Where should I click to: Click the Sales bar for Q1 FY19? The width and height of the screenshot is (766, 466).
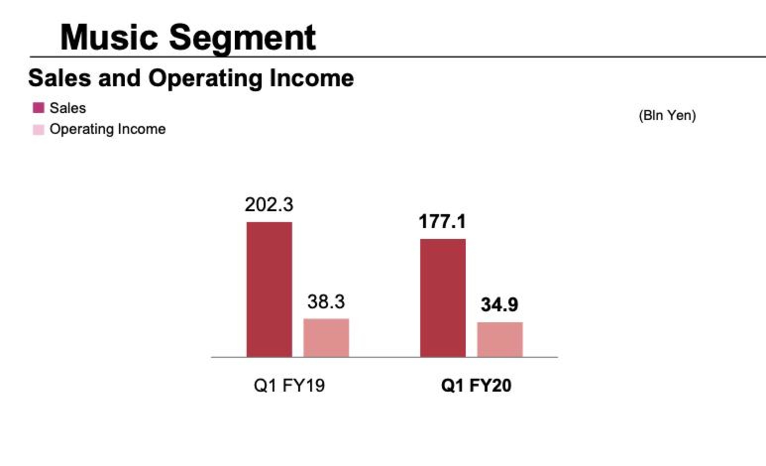(x=269, y=289)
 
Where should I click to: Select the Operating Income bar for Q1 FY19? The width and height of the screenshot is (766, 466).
(x=326, y=338)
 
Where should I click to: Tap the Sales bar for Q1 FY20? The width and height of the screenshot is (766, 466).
(x=443, y=298)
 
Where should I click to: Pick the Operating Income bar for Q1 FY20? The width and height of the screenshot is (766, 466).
(x=500, y=339)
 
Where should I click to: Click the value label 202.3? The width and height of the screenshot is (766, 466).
(x=269, y=205)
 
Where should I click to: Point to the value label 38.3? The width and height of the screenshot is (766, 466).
(x=326, y=302)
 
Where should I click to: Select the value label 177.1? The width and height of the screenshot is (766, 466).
(x=442, y=221)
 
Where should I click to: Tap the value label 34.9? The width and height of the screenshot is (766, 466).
(x=500, y=305)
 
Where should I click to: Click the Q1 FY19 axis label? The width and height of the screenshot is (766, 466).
(x=289, y=385)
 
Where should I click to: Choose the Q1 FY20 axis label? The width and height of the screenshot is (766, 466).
(x=476, y=385)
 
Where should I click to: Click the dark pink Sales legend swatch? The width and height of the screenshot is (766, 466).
(x=39, y=108)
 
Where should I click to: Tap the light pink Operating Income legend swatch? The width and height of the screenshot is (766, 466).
(x=39, y=130)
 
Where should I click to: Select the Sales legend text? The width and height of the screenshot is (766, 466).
(x=68, y=108)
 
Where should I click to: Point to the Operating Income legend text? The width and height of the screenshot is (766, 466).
(x=108, y=129)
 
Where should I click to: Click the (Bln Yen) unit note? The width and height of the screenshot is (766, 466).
(x=667, y=115)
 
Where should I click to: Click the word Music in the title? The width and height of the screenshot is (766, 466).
(x=109, y=37)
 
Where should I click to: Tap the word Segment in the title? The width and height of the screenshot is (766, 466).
(x=242, y=37)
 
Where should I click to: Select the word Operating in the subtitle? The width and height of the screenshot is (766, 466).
(x=205, y=78)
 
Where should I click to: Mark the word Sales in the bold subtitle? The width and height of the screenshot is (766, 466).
(x=59, y=78)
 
